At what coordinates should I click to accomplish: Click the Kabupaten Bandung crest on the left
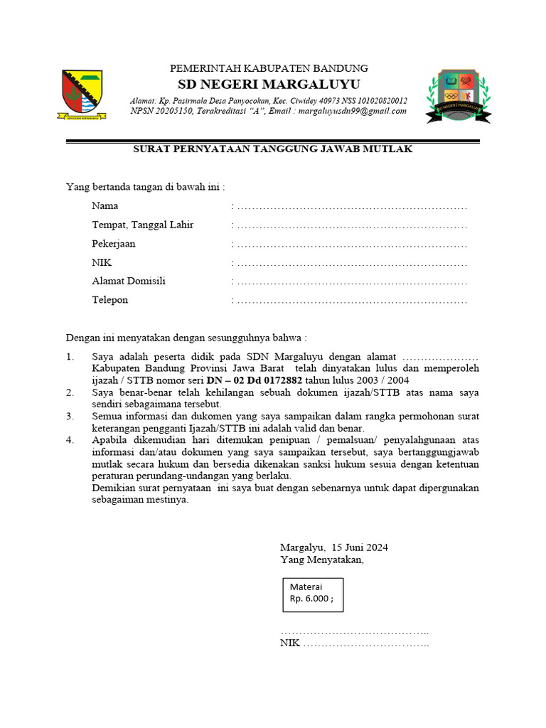(x=83, y=96)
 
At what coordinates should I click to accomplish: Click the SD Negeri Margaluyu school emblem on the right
(x=458, y=97)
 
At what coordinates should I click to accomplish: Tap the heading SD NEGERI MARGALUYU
(x=269, y=85)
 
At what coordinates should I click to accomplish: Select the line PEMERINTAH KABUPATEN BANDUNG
(x=268, y=68)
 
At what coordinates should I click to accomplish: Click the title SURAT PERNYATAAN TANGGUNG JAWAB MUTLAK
(x=273, y=149)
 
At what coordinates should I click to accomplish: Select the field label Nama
(x=105, y=206)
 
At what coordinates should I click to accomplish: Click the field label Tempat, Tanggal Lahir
(x=142, y=225)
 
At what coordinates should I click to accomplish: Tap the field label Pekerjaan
(x=113, y=243)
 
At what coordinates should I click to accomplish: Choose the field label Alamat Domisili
(x=128, y=281)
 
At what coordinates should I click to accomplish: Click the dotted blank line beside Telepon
(x=351, y=301)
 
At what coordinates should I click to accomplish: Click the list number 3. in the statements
(x=70, y=416)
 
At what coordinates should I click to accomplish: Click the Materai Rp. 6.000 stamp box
(x=312, y=593)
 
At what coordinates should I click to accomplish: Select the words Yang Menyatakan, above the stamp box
(x=321, y=560)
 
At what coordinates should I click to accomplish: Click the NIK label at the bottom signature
(x=290, y=644)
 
